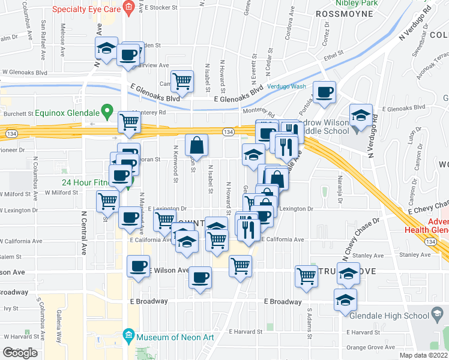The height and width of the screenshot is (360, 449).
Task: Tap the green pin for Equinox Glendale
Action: tap(107, 110)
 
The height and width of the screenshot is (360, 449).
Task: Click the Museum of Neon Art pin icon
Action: tap(127, 335)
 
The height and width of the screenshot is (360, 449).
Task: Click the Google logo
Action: tap(20, 353)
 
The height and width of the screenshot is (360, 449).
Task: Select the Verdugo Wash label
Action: tap(286, 86)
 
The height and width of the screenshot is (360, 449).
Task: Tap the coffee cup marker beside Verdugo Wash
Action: tap(324, 92)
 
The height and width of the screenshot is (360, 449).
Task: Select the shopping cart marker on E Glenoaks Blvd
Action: tap(182, 80)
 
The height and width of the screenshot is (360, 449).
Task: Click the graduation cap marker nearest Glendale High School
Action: tap(345, 299)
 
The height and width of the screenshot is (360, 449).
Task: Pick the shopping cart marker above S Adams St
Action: tap(306, 276)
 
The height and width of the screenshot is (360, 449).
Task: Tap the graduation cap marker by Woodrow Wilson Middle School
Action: tap(361, 115)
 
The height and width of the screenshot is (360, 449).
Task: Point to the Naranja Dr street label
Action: tap(339, 185)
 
